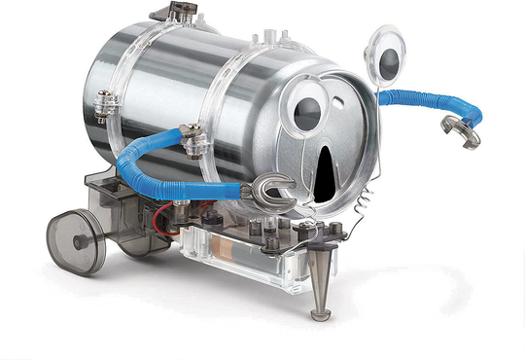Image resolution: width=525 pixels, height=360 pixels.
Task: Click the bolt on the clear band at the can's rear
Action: click(x=103, y=99)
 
